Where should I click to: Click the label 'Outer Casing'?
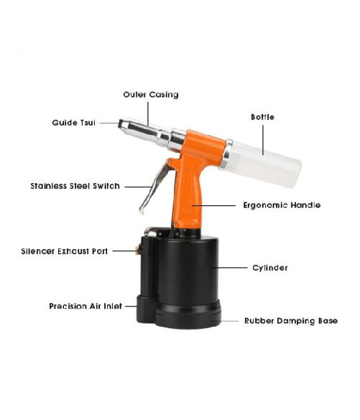coord(151,95)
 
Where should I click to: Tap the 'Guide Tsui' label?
coord(74,123)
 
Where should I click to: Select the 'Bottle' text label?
coord(262,117)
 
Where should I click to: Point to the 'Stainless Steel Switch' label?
coord(75,186)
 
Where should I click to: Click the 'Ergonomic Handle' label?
coord(282,205)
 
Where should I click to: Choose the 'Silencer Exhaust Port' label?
coord(65,251)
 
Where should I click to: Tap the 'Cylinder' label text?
coord(270,268)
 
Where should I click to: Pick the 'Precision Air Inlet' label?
coord(86,306)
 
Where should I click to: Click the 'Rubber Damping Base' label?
coord(291,321)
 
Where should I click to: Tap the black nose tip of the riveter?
coord(121,124)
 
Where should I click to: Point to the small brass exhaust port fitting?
coord(138,251)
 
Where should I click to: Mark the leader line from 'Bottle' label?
coord(263,140)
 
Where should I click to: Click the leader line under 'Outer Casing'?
coord(148,114)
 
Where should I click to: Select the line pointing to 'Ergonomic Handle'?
coord(213,206)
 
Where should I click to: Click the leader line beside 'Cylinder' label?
coord(229,267)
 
